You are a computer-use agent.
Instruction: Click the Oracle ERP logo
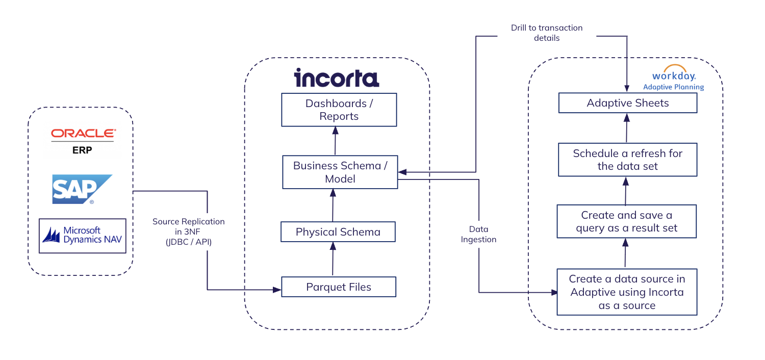point(83,140)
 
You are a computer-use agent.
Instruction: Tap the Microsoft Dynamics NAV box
point(83,236)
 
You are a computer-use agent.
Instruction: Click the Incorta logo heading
point(337,78)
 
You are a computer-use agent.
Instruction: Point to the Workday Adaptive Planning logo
point(673,78)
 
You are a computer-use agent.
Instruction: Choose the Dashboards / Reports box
point(339,110)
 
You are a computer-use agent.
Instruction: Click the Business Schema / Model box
point(339,172)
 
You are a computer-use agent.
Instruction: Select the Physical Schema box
point(338,232)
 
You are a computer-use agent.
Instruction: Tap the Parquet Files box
point(339,287)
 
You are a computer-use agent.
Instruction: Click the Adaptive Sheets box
point(628,103)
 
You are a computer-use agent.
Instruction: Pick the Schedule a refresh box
point(627,160)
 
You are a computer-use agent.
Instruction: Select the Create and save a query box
point(627,221)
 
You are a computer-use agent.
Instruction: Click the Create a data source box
point(627,292)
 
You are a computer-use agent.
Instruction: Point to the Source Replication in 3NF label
point(189,232)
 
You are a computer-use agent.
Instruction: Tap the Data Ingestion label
point(478,234)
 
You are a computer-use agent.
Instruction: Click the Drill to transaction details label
point(547,33)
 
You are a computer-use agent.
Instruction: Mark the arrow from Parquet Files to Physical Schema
point(333,260)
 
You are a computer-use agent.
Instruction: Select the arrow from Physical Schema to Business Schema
point(333,205)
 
